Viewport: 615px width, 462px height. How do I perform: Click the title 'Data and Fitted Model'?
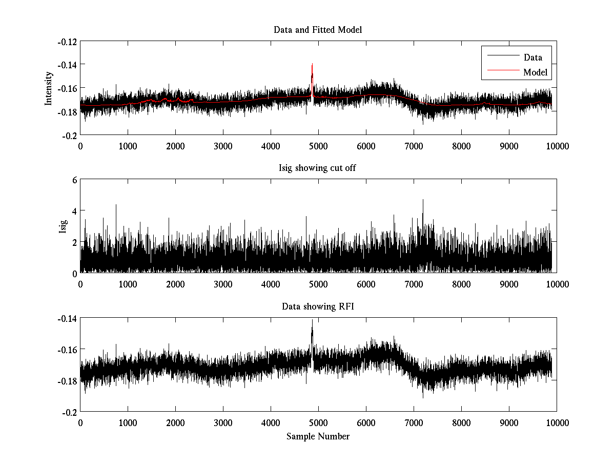318,30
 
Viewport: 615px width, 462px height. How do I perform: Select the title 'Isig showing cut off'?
318,168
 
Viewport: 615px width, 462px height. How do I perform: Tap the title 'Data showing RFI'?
318,306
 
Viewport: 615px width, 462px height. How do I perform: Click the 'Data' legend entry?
532,57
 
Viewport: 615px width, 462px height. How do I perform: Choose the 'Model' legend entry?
535,72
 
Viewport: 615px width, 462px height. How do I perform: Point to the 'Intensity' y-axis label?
49,88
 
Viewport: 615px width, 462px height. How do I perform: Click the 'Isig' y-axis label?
63,226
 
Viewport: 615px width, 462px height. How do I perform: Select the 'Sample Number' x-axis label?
318,436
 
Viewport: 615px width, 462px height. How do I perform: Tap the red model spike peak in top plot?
312,65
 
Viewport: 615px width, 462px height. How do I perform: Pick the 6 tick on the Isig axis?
74,180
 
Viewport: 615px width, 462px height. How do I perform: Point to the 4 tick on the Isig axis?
74,211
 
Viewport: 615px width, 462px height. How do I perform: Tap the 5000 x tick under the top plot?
318,146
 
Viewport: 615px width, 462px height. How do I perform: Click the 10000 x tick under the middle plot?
557,284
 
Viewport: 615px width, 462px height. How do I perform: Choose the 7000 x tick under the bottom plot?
414,423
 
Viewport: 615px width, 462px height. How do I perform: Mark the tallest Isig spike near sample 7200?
423,200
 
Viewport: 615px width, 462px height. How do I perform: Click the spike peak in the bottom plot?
312,320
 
